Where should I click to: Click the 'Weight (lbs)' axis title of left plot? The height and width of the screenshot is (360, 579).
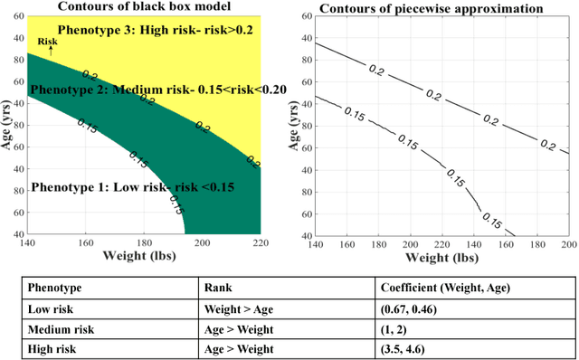click(147, 258)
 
